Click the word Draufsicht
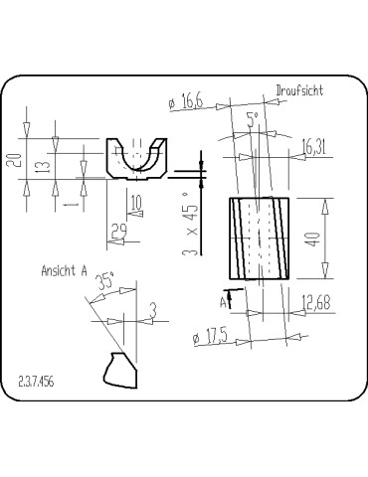pyautogui.click(x=299, y=90)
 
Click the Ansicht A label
pyautogui.click(x=65, y=270)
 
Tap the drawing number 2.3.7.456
pyautogui.click(x=36, y=382)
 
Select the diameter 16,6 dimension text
pyautogui.click(x=186, y=101)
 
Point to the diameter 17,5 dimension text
pyautogui.click(x=211, y=337)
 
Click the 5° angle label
pyautogui.click(x=253, y=119)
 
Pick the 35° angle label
pyautogui.click(x=105, y=281)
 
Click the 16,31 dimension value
pyautogui.click(x=313, y=147)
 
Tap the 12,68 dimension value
pyautogui.click(x=316, y=303)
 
